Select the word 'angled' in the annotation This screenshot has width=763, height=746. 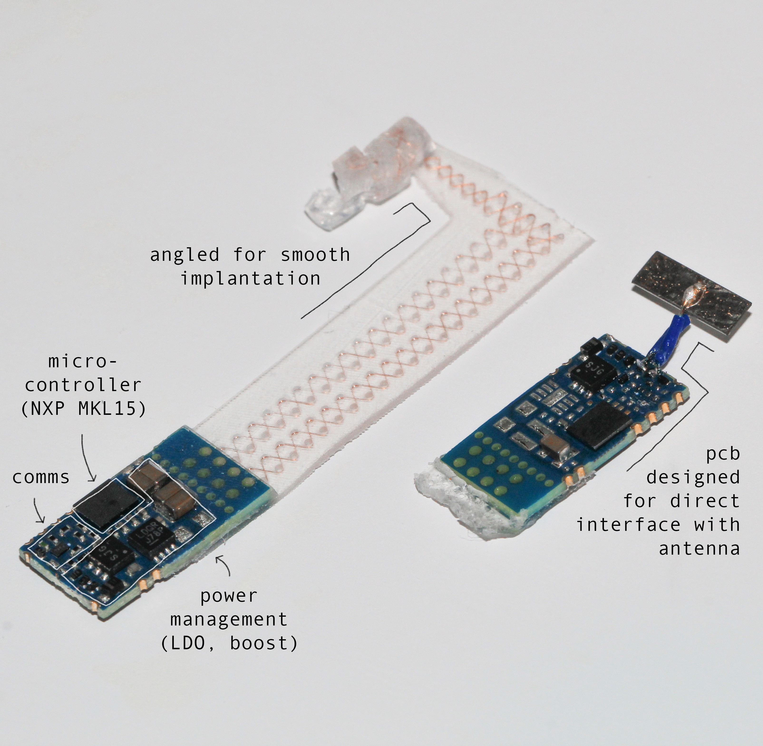[x=185, y=255]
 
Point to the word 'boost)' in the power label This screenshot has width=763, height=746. [x=263, y=643]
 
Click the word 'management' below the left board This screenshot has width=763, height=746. [x=229, y=620]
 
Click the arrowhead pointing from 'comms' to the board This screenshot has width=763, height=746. [x=40, y=521]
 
